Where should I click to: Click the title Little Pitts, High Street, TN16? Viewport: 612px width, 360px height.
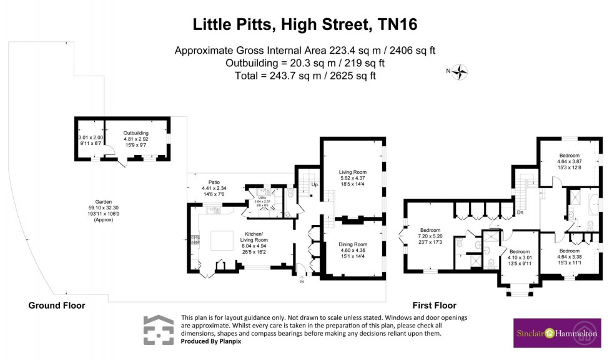click(x=305, y=25)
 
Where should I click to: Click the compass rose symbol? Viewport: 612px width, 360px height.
click(x=460, y=72)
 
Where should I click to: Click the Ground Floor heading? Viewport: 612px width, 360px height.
click(x=57, y=306)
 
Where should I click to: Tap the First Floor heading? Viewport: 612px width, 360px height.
click(x=434, y=306)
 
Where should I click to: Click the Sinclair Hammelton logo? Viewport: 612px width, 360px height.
click(x=555, y=333)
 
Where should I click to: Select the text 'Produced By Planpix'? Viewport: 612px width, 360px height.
click(x=210, y=341)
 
